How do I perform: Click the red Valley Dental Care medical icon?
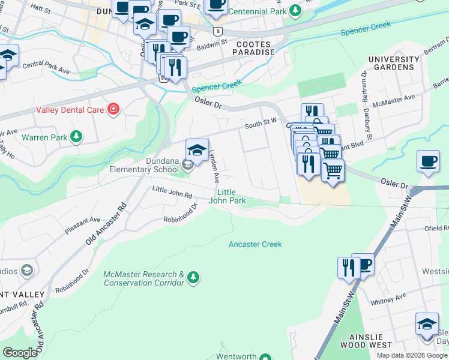pos(113,109)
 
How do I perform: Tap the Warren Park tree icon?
pos(76,137)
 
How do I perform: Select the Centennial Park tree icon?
pos(295,11)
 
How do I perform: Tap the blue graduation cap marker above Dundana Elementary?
pos(197,150)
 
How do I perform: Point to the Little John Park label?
pos(227,196)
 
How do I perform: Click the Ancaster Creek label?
pos(255,244)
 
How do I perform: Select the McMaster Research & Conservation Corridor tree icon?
pos(193,277)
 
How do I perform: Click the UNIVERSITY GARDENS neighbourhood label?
pos(394,64)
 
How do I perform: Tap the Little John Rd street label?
pos(172,192)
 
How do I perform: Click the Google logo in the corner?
pos(20,353)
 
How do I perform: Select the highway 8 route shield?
pos(217,31)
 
